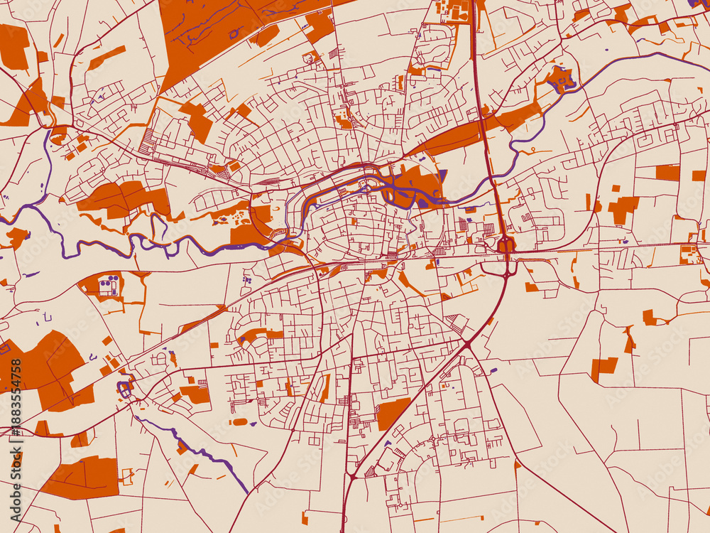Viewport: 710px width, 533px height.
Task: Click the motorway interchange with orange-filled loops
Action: pos(507,246)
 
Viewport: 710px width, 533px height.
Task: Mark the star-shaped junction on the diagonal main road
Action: pos(468,344)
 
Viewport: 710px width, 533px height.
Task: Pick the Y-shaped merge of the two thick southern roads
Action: pos(350,475)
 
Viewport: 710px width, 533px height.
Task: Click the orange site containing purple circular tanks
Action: pos(106,286)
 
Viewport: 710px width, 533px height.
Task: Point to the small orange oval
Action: pos(239,421)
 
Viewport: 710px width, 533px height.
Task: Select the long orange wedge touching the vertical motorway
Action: pos(454,136)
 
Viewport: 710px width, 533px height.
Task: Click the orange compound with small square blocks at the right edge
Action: pos(688,254)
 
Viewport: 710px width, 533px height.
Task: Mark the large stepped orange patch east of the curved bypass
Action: pos(623,208)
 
